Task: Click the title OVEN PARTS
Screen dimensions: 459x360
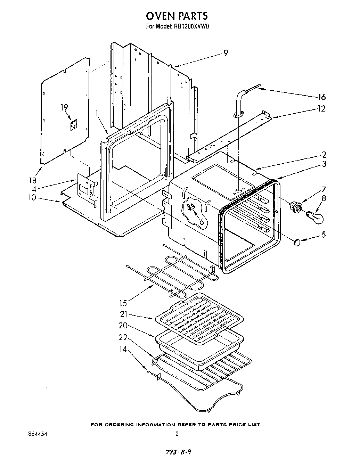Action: [177, 16]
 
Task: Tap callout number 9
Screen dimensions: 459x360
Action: [226, 53]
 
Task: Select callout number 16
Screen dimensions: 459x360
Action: [322, 97]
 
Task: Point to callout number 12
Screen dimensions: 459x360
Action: [322, 109]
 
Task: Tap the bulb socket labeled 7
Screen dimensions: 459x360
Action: [296, 208]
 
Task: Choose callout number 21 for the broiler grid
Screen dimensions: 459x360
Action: [124, 314]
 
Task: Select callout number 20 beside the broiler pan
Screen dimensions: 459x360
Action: [123, 326]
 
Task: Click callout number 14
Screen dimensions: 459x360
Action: [123, 349]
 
